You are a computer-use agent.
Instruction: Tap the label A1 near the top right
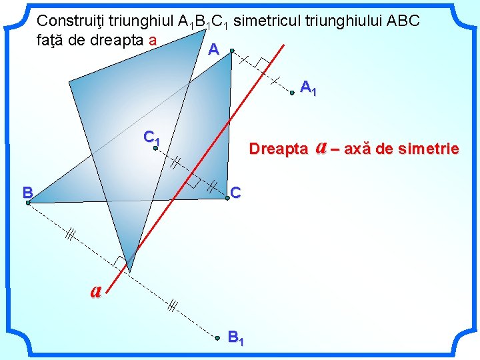[308, 87]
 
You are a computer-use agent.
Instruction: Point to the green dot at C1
[155, 149]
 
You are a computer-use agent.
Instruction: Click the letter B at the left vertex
[27, 193]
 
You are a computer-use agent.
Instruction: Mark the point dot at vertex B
[29, 203]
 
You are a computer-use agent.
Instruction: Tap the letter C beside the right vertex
[235, 193]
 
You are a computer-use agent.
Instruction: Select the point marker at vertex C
[227, 198]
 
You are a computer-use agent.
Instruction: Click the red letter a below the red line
[97, 290]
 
